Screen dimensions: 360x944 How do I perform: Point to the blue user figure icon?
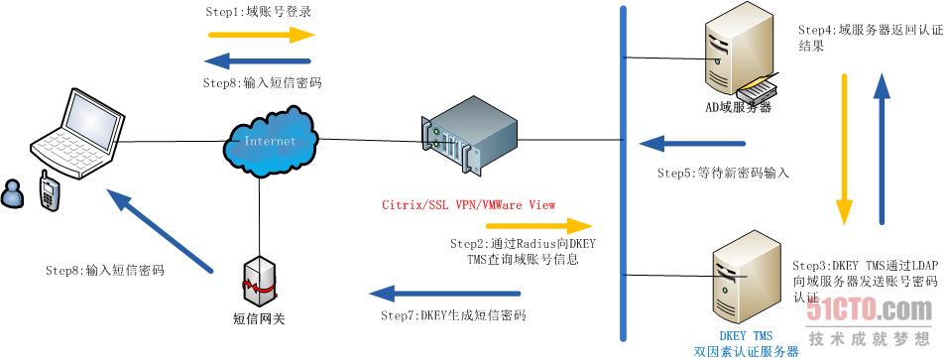coord(15,192)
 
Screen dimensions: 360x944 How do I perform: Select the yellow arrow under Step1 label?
coord(261,35)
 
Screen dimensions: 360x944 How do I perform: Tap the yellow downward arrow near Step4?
coord(845,149)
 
